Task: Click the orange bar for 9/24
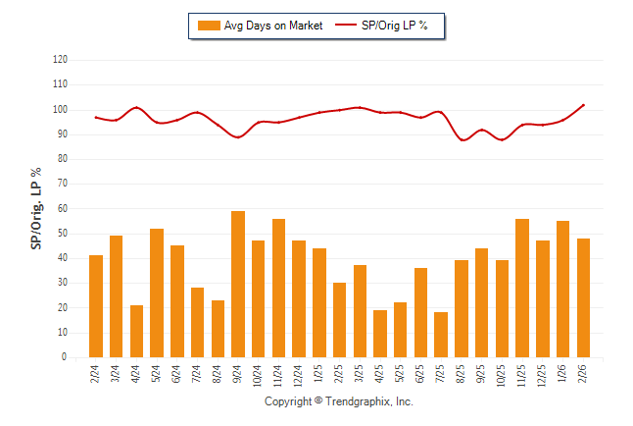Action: tap(238, 285)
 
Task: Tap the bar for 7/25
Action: tap(441, 335)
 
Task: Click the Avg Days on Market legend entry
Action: tap(260, 26)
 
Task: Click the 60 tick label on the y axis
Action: tap(62, 209)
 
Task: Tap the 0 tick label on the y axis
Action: tap(65, 358)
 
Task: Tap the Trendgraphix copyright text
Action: tap(339, 402)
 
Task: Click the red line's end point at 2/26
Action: tap(583, 105)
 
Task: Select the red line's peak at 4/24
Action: tap(136, 107)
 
